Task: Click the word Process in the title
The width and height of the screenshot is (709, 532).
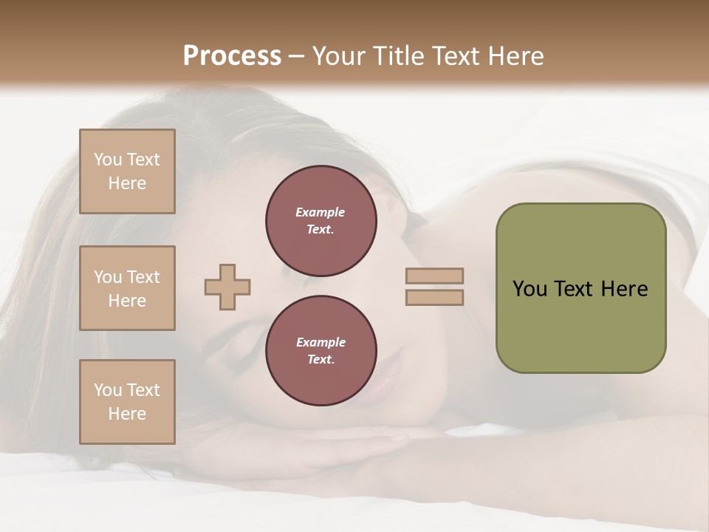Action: click(x=232, y=56)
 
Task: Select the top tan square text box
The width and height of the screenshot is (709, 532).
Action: click(x=127, y=171)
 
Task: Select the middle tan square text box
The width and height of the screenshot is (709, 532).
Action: click(x=127, y=288)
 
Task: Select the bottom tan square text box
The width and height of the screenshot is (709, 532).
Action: click(x=127, y=402)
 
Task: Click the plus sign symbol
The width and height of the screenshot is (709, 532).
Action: click(x=227, y=287)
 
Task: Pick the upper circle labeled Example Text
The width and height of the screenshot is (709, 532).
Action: click(x=321, y=221)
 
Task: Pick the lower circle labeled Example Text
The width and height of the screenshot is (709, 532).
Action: click(x=321, y=351)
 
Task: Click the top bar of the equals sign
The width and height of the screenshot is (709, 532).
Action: click(x=434, y=276)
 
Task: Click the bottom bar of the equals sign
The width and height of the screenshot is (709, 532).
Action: click(x=434, y=297)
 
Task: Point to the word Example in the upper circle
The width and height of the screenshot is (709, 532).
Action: click(x=320, y=212)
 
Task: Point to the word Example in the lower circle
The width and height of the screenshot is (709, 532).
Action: click(x=321, y=342)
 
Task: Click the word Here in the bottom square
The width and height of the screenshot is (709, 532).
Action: click(x=127, y=414)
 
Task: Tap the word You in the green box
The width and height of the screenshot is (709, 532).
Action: click(x=530, y=289)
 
